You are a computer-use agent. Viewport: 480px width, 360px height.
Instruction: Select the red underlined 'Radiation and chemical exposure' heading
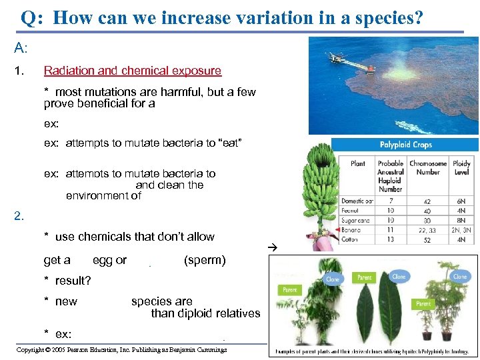tap(132, 71)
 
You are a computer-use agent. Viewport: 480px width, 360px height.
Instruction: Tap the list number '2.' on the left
tap(20, 215)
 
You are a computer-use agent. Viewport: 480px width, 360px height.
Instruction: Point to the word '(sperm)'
tap(204, 261)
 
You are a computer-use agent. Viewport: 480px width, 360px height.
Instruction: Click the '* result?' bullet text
tap(67, 281)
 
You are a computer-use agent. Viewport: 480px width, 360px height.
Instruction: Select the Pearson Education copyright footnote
tap(121, 349)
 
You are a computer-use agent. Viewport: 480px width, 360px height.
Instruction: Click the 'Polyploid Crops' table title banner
tap(405, 145)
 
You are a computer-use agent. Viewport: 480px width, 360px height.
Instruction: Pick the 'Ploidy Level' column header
tap(461, 167)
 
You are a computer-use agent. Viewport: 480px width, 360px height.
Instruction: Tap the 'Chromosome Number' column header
tap(427, 167)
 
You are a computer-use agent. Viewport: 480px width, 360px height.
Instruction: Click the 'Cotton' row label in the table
tap(351, 239)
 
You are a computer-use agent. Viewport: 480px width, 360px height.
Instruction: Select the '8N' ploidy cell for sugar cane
tap(461, 220)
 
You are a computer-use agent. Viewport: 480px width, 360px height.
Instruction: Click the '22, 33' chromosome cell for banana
tap(427, 230)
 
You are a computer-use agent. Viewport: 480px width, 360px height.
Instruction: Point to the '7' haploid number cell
tap(390, 201)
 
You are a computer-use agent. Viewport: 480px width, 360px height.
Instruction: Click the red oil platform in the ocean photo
tap(354, 65)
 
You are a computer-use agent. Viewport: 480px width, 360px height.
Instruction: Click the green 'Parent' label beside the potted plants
tap(423, 304)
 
